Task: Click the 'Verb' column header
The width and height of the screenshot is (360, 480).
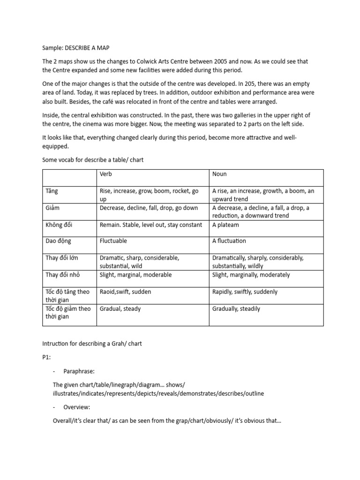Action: (106, 174)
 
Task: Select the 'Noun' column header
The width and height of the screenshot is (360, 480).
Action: (219, 174)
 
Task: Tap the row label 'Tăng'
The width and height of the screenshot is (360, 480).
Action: (52, 191)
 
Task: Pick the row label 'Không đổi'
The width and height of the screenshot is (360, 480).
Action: (59, 225)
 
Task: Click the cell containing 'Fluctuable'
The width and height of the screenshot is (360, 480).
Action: (113, 241)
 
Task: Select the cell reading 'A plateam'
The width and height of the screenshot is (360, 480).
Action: (226, 225)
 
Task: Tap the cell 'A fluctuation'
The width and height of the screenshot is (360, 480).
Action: (229, 241)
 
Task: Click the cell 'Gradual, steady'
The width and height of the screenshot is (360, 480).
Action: (120, 309)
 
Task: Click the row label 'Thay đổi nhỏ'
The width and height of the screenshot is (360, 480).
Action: (63, 275)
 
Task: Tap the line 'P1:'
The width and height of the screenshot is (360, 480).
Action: (47, 358)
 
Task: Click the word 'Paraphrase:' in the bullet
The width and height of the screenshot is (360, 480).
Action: (79, 371)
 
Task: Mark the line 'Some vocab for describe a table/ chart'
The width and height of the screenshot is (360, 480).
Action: (93, 160)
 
